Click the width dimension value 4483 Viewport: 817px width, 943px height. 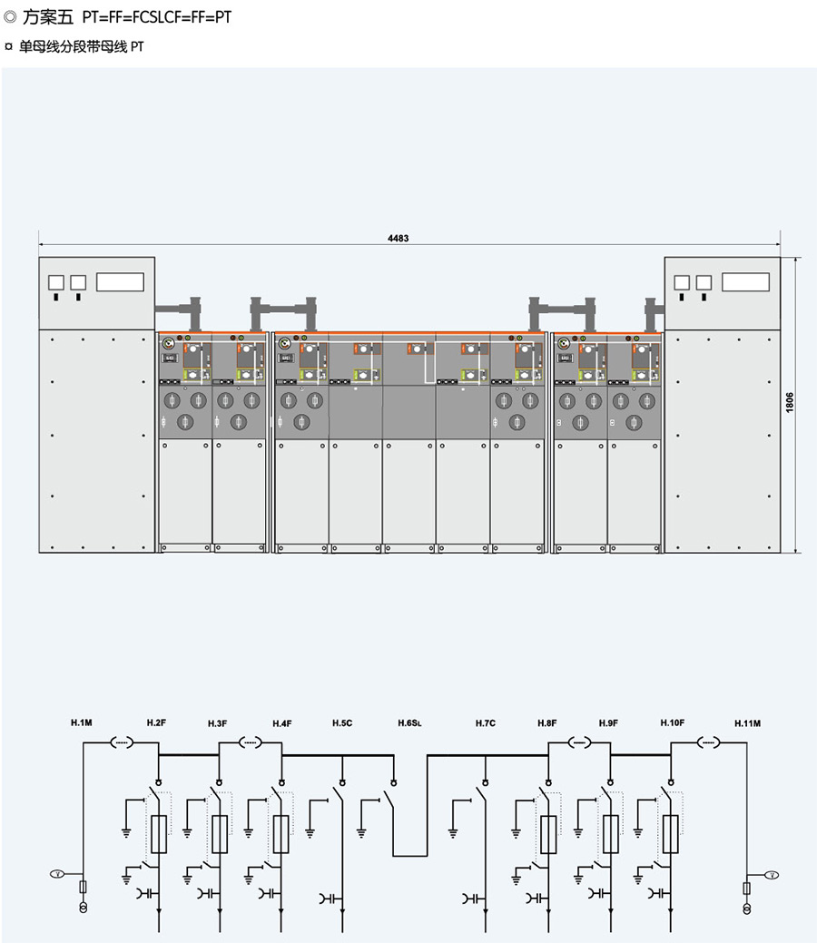tap(399, 239)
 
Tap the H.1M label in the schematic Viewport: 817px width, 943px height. tap(82, 722)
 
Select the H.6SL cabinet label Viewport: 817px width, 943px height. tap(410, 722)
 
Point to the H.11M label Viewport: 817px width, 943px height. tap(747, 722)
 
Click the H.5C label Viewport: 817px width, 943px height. tap(342, 722)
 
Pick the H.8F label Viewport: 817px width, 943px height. tap(546, 722)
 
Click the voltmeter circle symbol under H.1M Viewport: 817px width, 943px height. tap(54, 874)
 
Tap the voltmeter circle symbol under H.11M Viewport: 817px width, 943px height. tap(773, 874)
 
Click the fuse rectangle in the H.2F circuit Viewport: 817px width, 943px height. tap(159, 833)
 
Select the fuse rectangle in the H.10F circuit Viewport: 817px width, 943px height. tap(671, 833)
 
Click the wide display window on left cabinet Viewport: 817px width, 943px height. tap(118, 281)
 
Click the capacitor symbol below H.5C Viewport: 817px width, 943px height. tap(328, 899)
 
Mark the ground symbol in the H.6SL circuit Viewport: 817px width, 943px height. tap(361, 829)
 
